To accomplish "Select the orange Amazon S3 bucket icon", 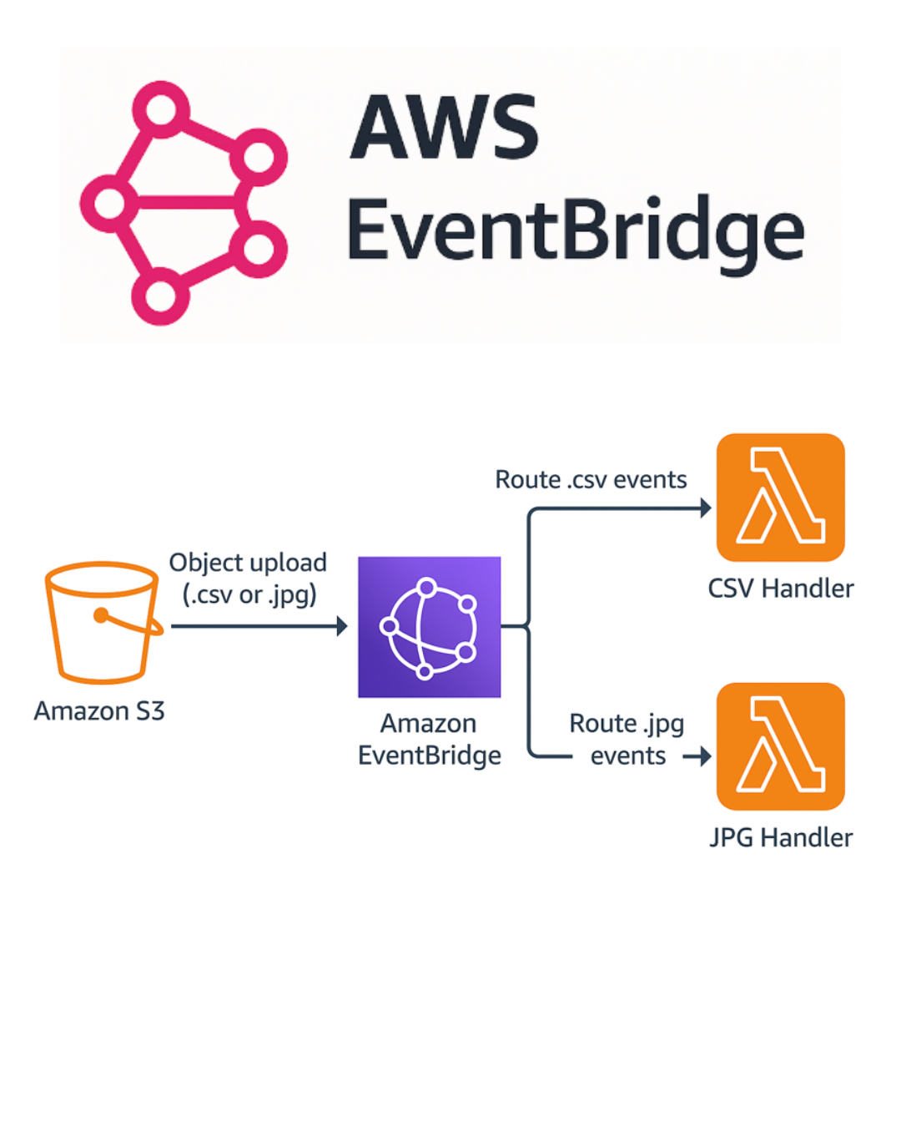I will [103, 622].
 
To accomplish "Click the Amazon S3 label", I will [99, 711].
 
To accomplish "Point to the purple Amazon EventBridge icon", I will [429, 627].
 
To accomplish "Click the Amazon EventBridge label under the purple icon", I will [429, 740].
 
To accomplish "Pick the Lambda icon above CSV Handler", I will [780, 498].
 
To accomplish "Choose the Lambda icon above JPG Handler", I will [780, 746].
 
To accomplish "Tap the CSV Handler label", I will [780, 589].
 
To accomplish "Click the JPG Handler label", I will [780, 837].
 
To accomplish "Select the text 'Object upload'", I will [248, 563].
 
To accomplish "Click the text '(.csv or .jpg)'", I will [249, 595].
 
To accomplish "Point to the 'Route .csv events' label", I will [591, 480].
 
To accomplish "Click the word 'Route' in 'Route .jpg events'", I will [602, 724].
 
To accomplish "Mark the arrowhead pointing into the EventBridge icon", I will [342, 626].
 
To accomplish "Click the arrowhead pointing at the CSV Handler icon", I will [706, 508].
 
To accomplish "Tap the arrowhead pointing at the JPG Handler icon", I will [705, 756].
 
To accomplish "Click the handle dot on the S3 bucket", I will [101, 616].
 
